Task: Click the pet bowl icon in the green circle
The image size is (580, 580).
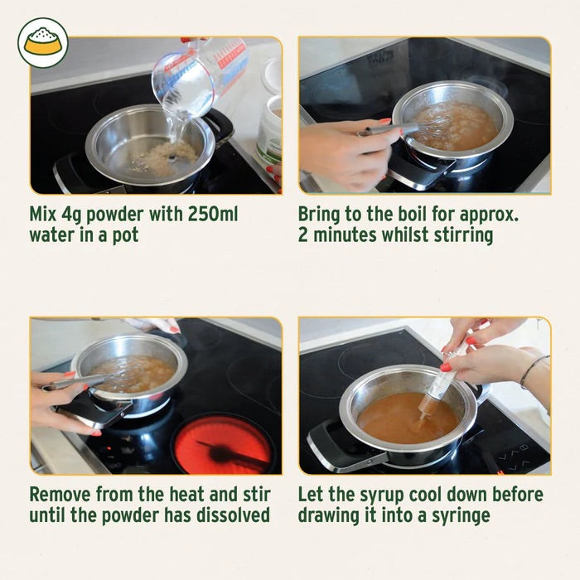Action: pos(42,42)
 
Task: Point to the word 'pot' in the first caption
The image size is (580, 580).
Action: pos(124,235)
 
